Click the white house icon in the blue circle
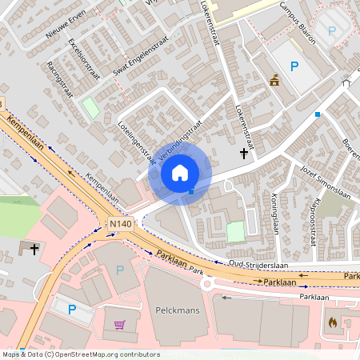coord(180,172)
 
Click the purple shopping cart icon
coord(120,325)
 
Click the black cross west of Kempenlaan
coord(34,250)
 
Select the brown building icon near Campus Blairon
coord(274,80)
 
